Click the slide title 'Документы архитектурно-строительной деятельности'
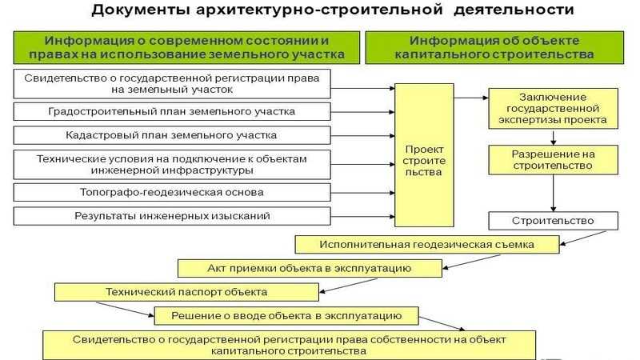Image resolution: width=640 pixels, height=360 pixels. pyautogui.click(x=333, y=10)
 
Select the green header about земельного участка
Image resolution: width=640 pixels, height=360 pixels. pyautogui.click(x=186, y=47)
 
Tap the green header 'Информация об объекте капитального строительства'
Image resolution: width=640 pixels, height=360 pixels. pyautogui.click(x=494, y=47)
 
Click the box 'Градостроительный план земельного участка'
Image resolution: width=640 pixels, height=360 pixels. pyautogui.click(x=172, y=111)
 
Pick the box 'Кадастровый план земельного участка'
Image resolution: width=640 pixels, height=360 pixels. pyautogui.click(x=172, y=135)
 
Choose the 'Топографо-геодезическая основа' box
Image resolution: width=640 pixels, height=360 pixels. pyautogui.click(x=172, y=192)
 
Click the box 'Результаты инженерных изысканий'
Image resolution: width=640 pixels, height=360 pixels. pyautogui.click(x=172, y=216)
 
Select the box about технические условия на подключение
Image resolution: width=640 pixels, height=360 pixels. pyautogui.click(x=172, y=165)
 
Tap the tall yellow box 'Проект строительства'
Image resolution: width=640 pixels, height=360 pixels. pyautogui.click(x=424, y=155)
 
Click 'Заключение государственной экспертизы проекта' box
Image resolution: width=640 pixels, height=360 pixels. pyautogui.click(x=553, y=109)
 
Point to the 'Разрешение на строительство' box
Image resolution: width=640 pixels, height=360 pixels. pyautogui.click(x=553, y=160)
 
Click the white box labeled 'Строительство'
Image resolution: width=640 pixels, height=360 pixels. pyautogui.click(x=553, y=221)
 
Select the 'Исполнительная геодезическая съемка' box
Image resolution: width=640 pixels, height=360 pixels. pyautogui.click(x=427, y=245)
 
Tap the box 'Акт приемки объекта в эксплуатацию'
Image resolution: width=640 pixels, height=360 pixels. pyautogui.click(x=310, y=268)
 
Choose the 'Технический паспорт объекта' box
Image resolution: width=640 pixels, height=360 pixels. pyautogui.click(x=186, y=292)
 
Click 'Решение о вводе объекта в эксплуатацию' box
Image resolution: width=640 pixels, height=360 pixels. pyautogui.click(x=286, y=316)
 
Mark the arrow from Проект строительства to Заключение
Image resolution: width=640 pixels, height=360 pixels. pyautogui.click(x=471, y=98)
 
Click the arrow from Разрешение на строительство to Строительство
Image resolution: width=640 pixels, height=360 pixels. pyautogui.click(x=553, y=193)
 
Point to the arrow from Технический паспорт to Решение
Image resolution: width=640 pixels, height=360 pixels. pyautogui.click(x=125, y=310)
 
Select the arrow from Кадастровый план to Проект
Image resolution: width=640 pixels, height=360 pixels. pyautogui.click(x=362, y=135)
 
